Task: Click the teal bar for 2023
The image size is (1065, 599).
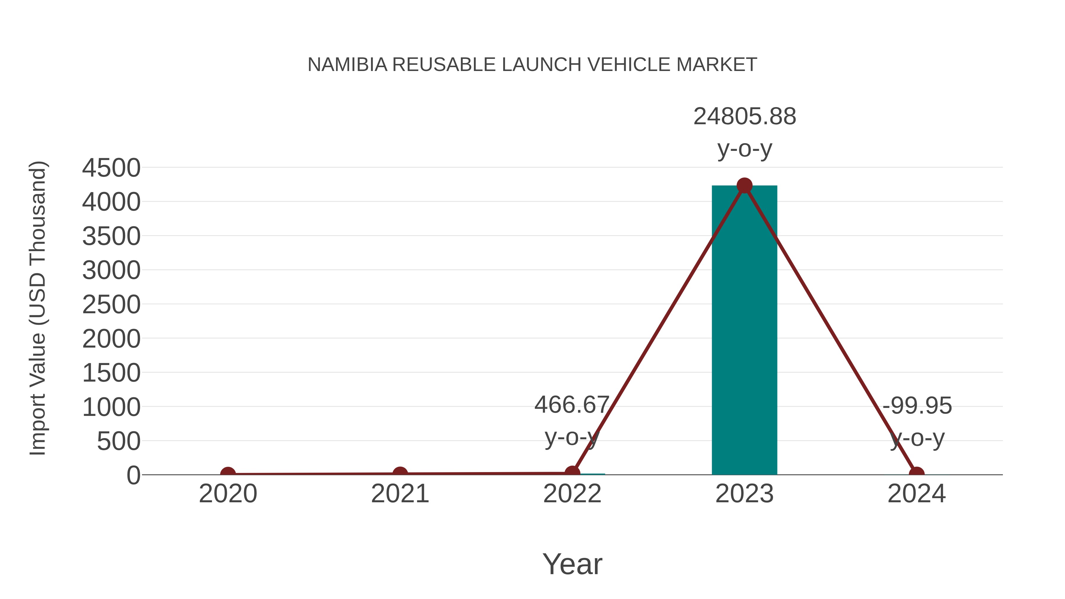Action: pyautogui.click(x=744, y=331)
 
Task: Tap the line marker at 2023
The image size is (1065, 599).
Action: pyautogui.click(x=744, y=185)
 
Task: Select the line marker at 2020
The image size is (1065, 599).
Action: pyautogui.click(x=228, y=474)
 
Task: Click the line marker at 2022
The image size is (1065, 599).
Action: pyautogui.click(x=572, y=473)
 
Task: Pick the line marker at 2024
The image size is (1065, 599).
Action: pyautogui.click(x=916, y=474)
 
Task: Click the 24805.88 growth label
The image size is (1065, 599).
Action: pyautogui.click(x=744, y=116)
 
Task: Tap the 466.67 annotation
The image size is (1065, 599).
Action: pyautogui.click(x=572, y=405)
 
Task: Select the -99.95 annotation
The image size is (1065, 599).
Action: pyautogui.click(x=917, y=406)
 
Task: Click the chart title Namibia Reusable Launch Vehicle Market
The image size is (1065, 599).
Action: pyautogui.click(x=532, y=65)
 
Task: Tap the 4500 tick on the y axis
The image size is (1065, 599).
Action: pyautogui.click(x=111, y=168)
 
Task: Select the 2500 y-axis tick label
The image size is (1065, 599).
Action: pyautogui.click(x=111, y=305)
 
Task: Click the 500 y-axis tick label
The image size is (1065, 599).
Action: pyautogui.click(x=119, y=442)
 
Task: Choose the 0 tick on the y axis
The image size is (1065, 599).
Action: pyautogui.click(x=133, y=475)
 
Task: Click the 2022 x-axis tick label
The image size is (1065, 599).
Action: pyautogui.click(x=572, y=494)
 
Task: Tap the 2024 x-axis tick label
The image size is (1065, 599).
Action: pyautogui.click(x=916, y=494)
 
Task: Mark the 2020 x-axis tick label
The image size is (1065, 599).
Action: pyautogui.click(x=228, y=494)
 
